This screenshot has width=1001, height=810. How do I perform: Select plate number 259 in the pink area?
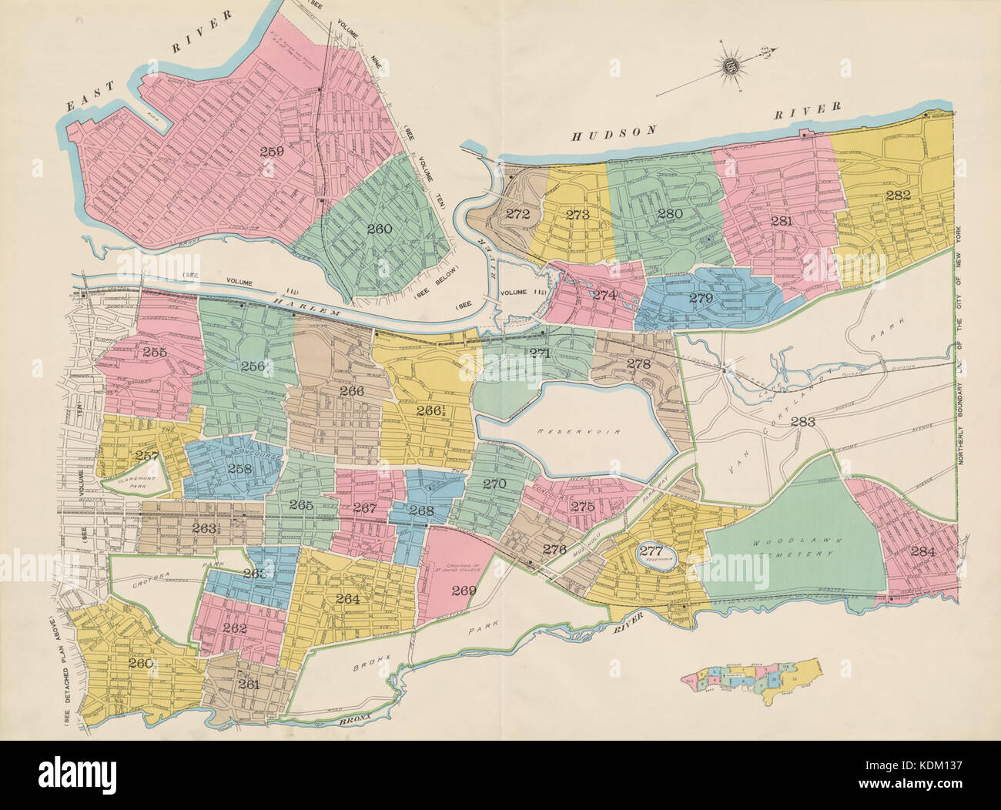[x=271, y=151]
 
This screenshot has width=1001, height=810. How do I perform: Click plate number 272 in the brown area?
[x=518, y=214]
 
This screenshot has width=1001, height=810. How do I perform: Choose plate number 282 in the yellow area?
[x=898, y=196]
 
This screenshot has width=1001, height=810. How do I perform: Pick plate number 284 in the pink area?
[x=922, y=551]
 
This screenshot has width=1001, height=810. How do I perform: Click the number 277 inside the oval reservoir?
[x=651, y=551]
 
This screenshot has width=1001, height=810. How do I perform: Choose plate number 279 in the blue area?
[x=701, y=298]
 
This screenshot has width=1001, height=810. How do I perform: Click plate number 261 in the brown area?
[x=249, y=684]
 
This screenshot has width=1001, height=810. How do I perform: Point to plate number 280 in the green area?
[x=670, y=213]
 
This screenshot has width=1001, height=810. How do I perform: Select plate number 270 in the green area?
[x=493, y=484]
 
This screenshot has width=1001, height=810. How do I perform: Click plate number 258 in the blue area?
[x=239, y=469]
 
